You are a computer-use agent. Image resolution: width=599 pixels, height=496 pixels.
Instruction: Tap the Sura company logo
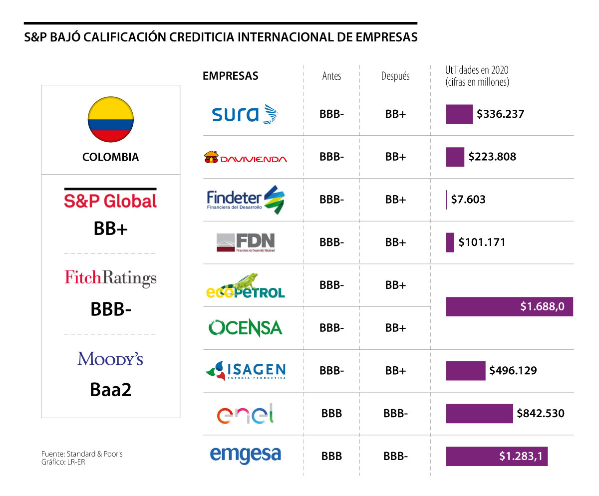tap(245, 114)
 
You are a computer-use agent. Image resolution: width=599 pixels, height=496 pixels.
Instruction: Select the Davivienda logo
tap(246, 158)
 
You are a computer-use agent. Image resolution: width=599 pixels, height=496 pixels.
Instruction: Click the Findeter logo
tap(245, 200)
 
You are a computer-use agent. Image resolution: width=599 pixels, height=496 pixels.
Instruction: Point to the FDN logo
tap(245, 243)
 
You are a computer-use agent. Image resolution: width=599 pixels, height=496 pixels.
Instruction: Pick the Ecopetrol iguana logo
tap(245, 286)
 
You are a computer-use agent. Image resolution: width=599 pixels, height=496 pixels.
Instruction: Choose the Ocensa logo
tap(245, 328)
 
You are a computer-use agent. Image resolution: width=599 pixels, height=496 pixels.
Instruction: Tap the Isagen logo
tap(245, 371)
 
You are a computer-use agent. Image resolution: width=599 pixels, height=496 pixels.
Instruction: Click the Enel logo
tap(245, 414)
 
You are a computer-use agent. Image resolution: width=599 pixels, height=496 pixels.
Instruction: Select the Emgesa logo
tap(245, 456)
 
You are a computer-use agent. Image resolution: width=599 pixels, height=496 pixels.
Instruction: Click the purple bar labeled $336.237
tap(459, 114)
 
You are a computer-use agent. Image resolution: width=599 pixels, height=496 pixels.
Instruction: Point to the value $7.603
tap(468, 200)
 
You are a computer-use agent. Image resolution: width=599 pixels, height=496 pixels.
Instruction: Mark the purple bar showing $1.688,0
tap(509, 306)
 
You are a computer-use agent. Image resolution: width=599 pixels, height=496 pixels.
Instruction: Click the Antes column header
tap(332, 76)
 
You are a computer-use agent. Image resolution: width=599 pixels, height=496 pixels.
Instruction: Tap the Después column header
tap(395, 76)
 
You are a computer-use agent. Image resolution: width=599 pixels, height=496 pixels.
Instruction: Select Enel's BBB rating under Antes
tap(332, 414)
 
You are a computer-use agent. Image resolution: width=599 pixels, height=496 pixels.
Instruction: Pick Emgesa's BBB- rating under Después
tap(395, 456)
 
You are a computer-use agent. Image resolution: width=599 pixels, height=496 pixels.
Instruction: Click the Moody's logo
tap(110, 358)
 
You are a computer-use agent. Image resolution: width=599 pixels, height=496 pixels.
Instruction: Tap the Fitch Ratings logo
tap(110, 278)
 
